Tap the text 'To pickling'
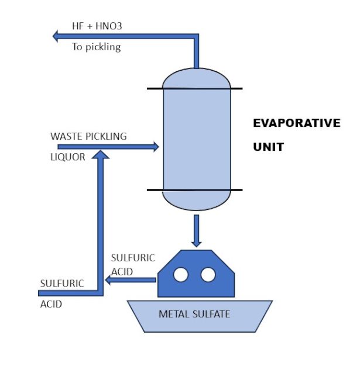pos(96,47)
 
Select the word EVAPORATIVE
pos(296,123)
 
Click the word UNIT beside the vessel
pos(268,147)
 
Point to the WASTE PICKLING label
pos(88,136)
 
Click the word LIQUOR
pos(68,157)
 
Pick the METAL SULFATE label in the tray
pos(194,314)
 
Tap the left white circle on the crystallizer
pos(181,274)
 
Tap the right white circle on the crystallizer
pos(208,274)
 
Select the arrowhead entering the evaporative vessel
pos(155,147)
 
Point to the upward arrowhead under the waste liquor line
pos(101,155)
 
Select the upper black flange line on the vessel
pos(194,88)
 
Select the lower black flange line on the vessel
pos(194,190)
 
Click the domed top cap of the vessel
pos(196,78)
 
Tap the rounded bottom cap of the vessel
pos(196,200)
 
